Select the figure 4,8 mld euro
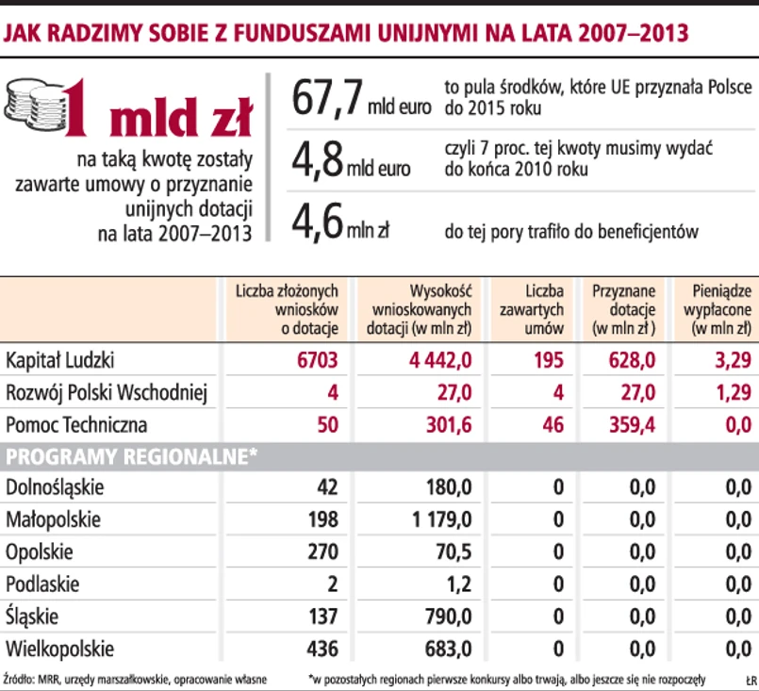pyautogui.click(x=351, y=159)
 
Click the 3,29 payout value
pyautogui.click(x=732, y=359)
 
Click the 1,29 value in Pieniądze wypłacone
pyautogui.click(x=732, y=391)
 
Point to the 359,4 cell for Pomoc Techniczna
pyautogui.click(x=630, y=424)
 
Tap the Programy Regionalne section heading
pyautogui.click(x=131, y=456)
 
